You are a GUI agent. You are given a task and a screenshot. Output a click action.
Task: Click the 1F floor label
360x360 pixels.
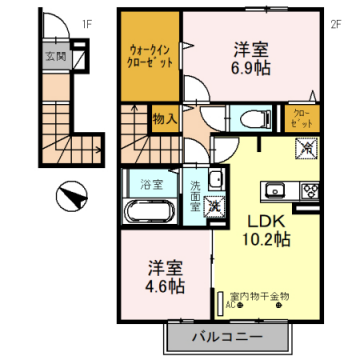point(87,22)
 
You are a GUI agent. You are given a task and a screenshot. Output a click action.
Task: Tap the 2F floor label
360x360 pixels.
point(336,23)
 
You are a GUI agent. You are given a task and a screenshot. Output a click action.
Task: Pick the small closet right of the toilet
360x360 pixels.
point(301,118)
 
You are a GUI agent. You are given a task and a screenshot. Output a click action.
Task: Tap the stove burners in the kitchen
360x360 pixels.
point(307,191)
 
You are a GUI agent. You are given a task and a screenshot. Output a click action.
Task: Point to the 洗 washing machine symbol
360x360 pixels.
point(213,207)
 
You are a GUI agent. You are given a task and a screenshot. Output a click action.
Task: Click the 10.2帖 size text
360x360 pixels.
point(263,240)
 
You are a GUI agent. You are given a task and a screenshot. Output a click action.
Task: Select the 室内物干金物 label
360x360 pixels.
point(259,296)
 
